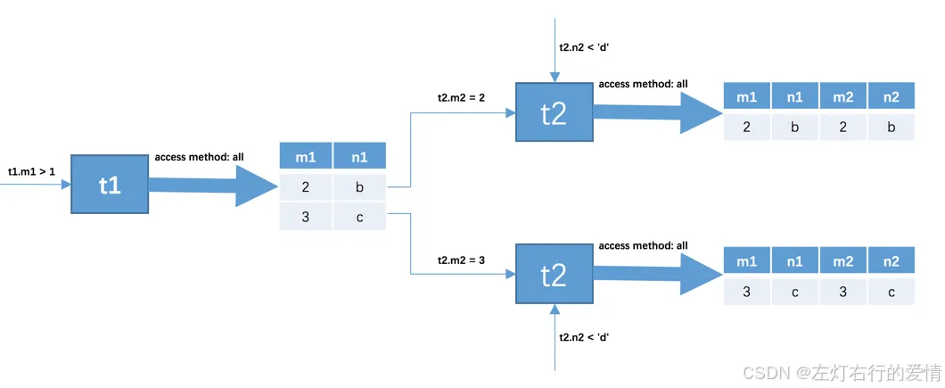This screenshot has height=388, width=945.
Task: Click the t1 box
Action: (x=110, y=184)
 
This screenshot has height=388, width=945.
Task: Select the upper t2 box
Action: (x=554, y=112)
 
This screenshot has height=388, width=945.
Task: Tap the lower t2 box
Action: (x=554, y=275)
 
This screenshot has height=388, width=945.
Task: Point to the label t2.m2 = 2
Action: (x=462, y=98)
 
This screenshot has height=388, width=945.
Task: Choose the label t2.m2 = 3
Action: (x=462, y=260)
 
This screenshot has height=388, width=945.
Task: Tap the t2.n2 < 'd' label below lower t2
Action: (x=584, y=336)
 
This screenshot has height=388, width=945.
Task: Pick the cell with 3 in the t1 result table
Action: (x=306, y=218)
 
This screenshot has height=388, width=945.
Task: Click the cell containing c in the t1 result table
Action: (x=360, y=218)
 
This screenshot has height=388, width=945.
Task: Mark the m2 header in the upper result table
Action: (x=843, y=95)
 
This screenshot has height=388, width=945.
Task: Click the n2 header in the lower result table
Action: (x=892, y=260)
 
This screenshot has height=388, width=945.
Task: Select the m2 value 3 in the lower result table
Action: (x=843, y=292)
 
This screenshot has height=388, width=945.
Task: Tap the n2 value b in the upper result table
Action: (x=892, y=128)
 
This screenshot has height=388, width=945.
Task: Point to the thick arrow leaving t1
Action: (x=213, y=186)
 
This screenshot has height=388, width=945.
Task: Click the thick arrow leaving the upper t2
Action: (x=658, y=113)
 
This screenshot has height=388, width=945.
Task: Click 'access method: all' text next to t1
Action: (x=200, y=158)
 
